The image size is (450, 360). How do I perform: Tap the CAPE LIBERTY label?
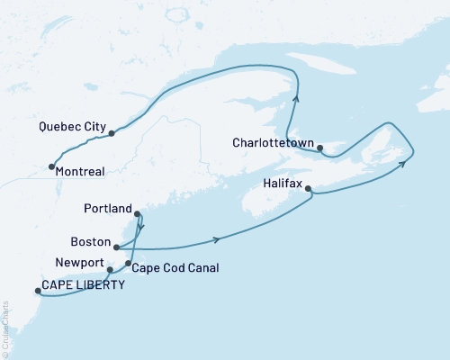84,286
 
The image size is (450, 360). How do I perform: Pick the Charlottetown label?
272,142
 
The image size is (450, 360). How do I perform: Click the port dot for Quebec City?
112,133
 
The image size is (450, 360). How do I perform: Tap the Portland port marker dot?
137,213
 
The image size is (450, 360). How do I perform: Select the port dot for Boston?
115,244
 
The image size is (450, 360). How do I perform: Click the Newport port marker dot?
109,269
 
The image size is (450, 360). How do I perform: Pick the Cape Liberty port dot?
37,291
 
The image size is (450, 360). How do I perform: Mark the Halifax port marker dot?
309,189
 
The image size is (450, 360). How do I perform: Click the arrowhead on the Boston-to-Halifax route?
216,239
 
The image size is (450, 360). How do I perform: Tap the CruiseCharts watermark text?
5,337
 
